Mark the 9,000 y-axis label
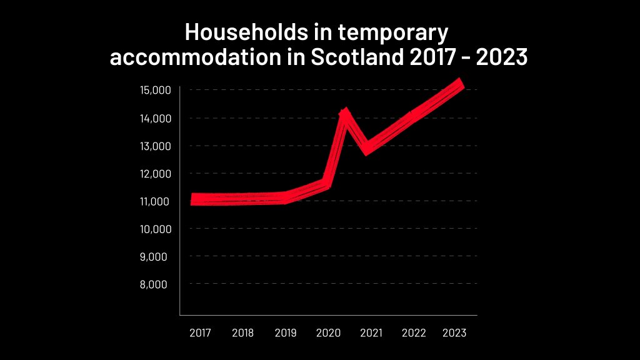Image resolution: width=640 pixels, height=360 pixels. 156,256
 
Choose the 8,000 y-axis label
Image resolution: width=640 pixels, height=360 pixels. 156,284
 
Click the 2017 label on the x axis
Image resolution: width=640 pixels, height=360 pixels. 199,333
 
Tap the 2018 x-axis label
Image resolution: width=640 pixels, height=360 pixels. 242,333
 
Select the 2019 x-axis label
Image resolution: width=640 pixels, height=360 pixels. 286,333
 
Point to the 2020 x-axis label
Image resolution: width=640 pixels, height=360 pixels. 328,333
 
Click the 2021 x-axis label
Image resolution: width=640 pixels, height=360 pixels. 371,333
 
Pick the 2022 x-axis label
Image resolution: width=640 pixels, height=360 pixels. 414,333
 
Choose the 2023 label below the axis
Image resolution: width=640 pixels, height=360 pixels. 454,333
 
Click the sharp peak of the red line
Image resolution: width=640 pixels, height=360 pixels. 344,112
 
